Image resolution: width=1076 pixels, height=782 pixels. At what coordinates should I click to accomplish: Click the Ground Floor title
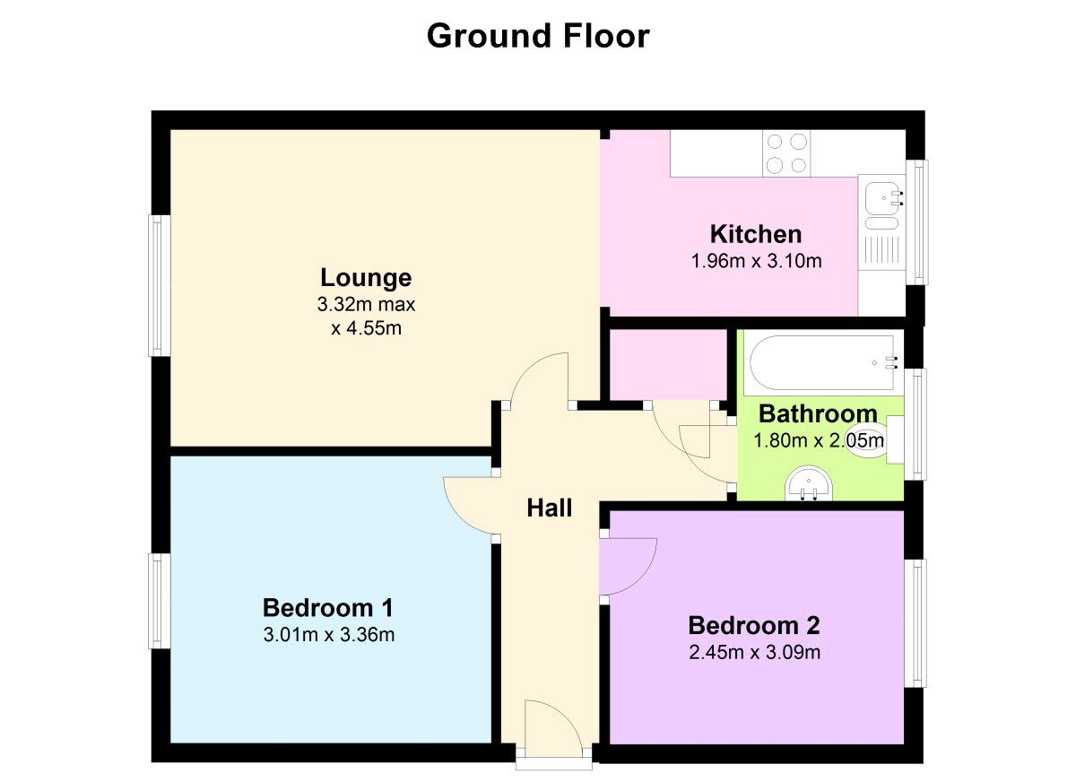537,37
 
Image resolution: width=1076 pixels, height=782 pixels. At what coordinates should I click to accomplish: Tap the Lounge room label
366,277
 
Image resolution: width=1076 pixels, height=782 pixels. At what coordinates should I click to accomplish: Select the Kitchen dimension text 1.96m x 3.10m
756,262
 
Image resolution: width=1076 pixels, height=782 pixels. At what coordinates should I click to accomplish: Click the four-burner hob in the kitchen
786,152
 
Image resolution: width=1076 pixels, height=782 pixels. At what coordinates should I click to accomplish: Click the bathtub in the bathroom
821,363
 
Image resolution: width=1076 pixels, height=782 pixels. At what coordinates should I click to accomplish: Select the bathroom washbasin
809,486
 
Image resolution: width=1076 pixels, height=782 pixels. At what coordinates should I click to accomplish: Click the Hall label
549,508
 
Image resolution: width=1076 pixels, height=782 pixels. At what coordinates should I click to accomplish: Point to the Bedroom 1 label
328,608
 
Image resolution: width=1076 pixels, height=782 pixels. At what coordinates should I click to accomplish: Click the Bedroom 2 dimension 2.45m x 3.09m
754,652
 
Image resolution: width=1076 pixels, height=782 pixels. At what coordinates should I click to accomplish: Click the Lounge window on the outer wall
159,285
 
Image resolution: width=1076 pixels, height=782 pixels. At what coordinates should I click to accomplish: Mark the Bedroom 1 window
159,600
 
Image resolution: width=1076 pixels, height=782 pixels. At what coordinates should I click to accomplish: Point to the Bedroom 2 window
915,623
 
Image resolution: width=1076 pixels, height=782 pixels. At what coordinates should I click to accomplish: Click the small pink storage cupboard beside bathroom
667,363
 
